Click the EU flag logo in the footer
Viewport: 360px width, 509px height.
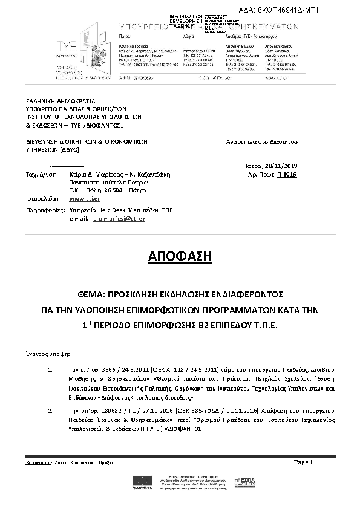click(145, 481)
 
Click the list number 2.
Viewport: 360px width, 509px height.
click(49, 410)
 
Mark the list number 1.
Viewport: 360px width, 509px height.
click(49, 368)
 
